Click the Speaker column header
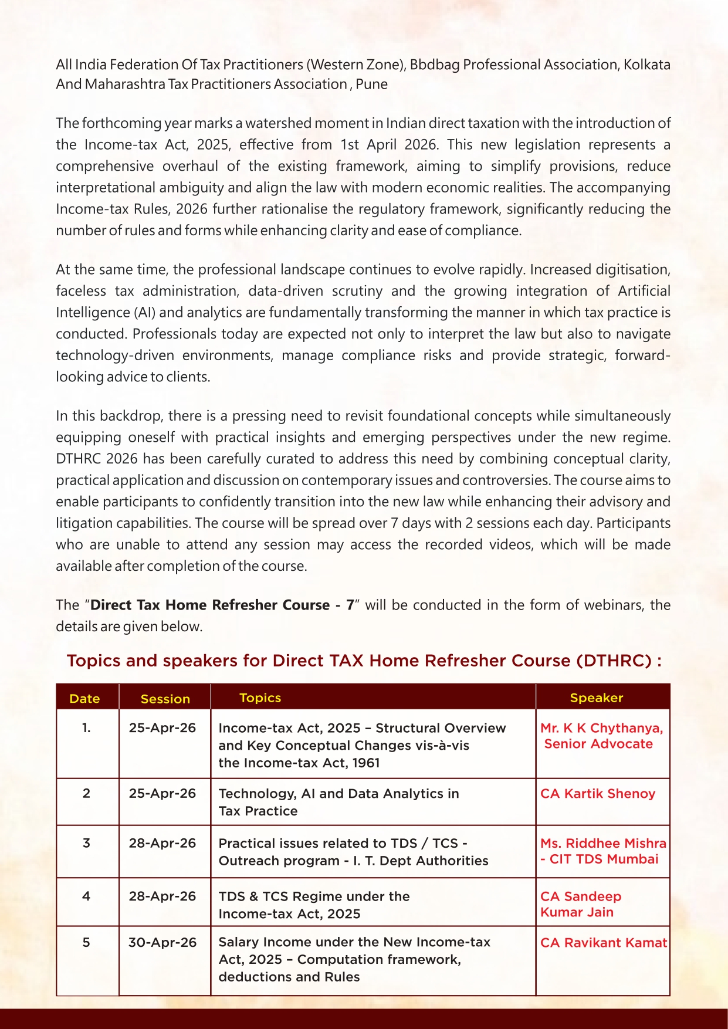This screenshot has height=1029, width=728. point(596,698)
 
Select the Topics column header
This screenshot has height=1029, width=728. point(260,698)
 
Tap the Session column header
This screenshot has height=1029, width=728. point(165,699)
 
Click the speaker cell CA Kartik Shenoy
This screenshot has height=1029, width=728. point(597,794)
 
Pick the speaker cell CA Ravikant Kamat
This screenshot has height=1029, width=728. point(603,943)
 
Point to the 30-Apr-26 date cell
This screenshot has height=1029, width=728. point(162,943)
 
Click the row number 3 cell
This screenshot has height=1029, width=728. point(86,843)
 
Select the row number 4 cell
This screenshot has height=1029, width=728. point(86,896)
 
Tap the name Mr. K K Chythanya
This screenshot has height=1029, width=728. point(601,728)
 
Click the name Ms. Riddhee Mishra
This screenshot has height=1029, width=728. point(603,844)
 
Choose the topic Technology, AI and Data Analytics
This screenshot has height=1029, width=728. point(338,794)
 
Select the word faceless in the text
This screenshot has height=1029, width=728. point(81,291)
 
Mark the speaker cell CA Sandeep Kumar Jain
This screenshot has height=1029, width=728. point(580,904)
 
